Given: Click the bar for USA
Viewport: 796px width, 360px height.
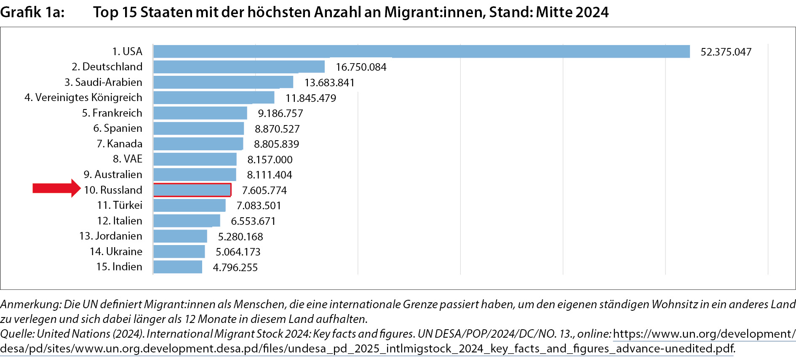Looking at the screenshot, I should point(421,51).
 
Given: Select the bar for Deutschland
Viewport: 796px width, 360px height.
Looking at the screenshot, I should point(239,67).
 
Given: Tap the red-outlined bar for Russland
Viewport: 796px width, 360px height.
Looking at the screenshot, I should point(192,190).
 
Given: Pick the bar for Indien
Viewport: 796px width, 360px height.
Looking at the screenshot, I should point(178,267).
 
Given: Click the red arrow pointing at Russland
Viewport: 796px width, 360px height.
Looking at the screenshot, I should point(56,188).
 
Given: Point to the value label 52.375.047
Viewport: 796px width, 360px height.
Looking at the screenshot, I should point(726,52).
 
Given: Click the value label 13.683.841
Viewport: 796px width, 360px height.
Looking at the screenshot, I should point(329,83).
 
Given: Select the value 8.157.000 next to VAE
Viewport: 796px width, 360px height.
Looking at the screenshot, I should point(270,160).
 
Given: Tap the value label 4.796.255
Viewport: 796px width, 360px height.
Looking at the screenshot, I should point(235,267).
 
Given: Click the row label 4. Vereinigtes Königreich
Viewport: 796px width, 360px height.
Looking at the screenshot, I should point(83,97).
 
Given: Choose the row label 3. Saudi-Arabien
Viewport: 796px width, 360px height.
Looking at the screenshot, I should point(103,82).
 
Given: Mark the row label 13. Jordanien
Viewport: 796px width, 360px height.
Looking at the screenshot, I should point(111,236).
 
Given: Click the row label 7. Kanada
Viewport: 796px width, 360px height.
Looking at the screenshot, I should point(120,144).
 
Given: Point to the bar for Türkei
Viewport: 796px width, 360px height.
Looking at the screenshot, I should point(189,205).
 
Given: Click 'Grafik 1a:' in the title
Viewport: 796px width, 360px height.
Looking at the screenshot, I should point(32,12).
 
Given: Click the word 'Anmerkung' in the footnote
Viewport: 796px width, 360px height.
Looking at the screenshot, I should point(30,304).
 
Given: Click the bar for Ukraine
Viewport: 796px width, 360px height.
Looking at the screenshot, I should point(179,252).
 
